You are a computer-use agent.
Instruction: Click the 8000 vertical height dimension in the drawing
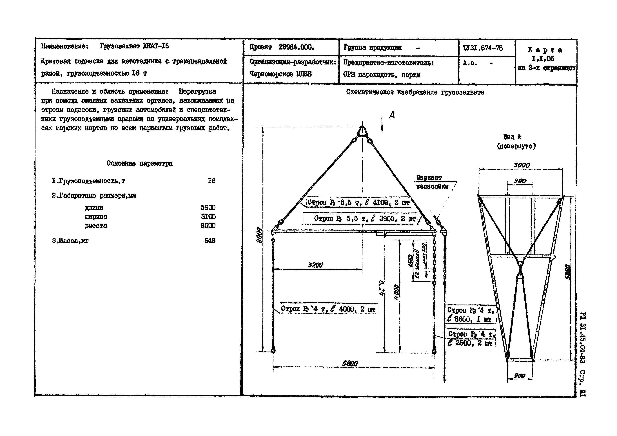tap(259, 235)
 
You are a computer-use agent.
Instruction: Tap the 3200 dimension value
tap(315, 265)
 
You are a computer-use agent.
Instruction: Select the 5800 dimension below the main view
tap(350, 363)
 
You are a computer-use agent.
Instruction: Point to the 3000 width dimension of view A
tap(521, 165)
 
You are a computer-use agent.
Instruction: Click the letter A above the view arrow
tap(392, 115)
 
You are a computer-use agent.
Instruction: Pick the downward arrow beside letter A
tap(382, 124)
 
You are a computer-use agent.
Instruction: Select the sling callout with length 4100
tap(359, 202)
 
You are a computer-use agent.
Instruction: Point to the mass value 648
tap(210, 241)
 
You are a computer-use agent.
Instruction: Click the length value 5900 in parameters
tap(208, 207)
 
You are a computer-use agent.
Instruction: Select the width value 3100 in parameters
tap(208, 216)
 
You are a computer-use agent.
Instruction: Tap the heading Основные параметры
tap(139, 163)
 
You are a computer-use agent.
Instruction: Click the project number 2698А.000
tap(296, 48)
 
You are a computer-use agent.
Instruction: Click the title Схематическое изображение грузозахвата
tap(415, 92)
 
